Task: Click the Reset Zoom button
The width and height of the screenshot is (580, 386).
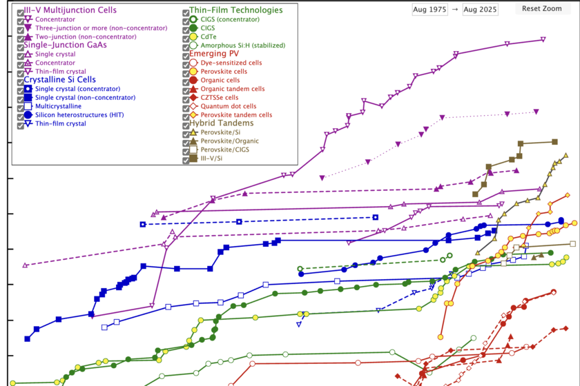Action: [x=542, y=8]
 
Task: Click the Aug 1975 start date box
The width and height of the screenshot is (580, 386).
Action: [x=429, y=9]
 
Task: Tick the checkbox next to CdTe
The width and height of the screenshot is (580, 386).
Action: [x=186, y=37]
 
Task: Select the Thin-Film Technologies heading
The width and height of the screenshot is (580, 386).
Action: [x=236, y=10]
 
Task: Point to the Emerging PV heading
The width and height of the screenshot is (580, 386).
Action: [x=215, y=54]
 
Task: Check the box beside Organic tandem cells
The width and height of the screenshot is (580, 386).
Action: [x=186, y=89]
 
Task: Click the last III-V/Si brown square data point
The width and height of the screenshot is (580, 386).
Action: [x=555, y=142]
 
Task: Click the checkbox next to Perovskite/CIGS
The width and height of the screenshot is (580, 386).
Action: [x=186, y=150]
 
